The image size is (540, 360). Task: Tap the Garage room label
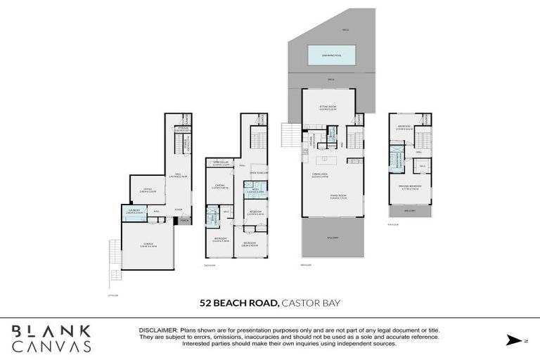(147, 245)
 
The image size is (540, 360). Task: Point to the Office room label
(147, 189)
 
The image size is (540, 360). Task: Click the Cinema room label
(219, 186)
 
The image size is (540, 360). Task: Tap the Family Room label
(339, 197)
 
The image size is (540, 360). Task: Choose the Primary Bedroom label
(410, 188)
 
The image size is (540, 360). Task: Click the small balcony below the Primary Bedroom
(410, 210)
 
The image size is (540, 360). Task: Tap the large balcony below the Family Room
(333, 238)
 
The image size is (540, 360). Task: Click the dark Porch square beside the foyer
(184, 220)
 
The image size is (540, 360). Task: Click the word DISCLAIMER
(160, 329)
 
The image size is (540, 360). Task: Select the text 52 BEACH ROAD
(239, 303)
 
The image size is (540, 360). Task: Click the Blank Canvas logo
(51, 338)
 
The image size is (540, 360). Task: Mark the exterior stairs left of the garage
(114, 260)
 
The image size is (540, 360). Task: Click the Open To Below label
(261, 172)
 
